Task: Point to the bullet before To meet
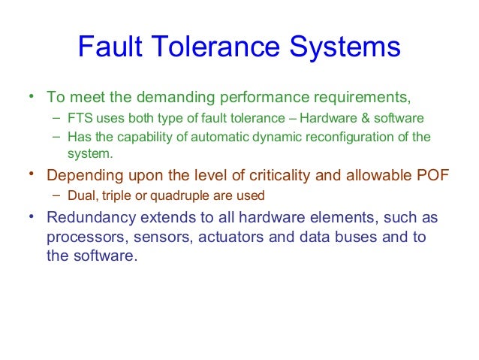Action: (x=32, y=96)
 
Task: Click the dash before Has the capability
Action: (x=57, y=137)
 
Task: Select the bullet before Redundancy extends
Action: (x=32, y=218)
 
